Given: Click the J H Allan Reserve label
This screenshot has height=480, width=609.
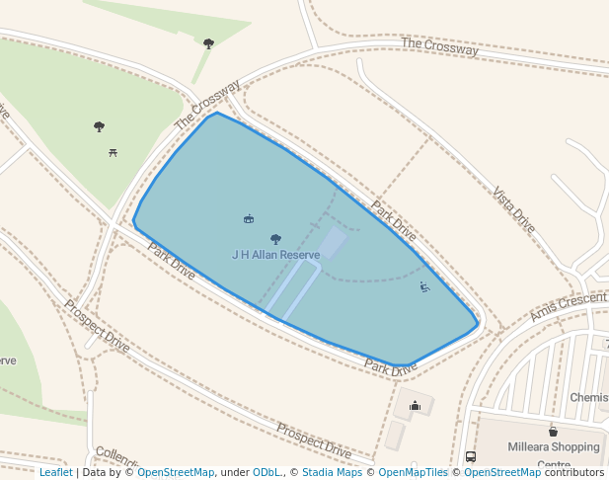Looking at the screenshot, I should pos(276,255).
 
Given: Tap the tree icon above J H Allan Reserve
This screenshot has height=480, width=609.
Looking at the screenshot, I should pos(275,239).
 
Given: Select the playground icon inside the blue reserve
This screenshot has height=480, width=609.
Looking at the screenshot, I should pos(424,287).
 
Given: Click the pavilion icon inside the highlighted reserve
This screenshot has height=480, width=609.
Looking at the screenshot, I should pos(248,218).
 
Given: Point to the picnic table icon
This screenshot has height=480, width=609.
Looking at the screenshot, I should pos(114,152).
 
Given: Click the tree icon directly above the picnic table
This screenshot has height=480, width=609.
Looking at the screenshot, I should pos(99,126).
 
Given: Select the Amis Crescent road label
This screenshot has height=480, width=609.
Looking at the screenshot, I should pos(569,306).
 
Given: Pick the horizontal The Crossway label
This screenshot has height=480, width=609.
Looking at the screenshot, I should pos(439,45).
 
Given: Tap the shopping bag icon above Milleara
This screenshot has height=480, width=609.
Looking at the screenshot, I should pos(553,431).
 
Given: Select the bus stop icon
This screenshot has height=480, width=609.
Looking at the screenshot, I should pos(470,457).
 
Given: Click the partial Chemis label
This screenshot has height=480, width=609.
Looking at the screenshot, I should pos(588,397).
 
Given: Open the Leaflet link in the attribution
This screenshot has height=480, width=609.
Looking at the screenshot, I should pos(55,473).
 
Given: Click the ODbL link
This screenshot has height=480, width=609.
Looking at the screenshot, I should pos(266,473).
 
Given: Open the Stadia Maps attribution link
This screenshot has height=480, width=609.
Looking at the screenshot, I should pos(332,473).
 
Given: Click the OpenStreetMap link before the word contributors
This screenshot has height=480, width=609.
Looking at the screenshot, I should pos(502,473).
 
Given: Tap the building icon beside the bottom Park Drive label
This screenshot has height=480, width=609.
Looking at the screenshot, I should pos(415,405).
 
